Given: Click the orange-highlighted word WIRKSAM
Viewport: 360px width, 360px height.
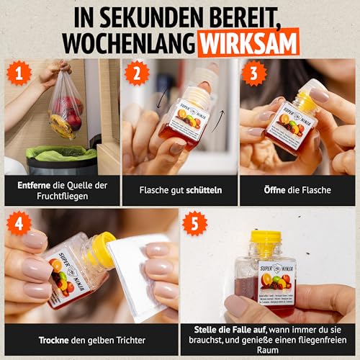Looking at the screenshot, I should tap(248, 41).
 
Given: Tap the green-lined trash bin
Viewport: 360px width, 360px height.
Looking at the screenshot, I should tap(61, 160).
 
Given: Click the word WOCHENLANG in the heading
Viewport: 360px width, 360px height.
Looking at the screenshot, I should tap(127, 41).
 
